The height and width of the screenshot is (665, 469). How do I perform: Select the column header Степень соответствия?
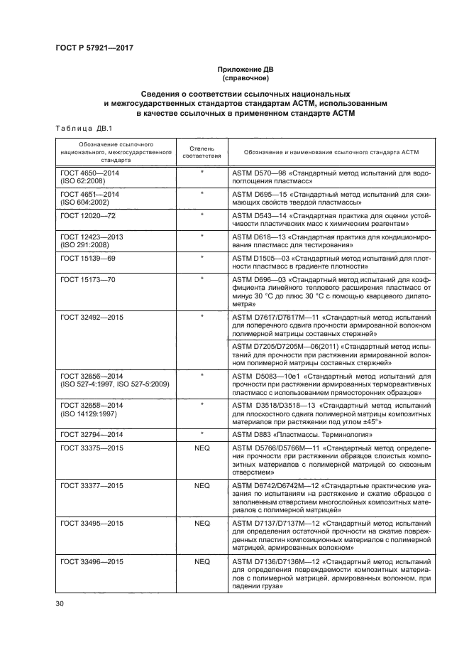pos(202,151)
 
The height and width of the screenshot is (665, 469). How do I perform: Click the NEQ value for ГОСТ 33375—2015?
pos(202,449)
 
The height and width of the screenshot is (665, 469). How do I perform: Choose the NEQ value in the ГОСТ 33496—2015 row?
pos(202,562)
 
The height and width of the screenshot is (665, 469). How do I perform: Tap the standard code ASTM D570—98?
pos(260,173)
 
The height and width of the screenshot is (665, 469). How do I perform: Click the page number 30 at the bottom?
pos(60,604)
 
